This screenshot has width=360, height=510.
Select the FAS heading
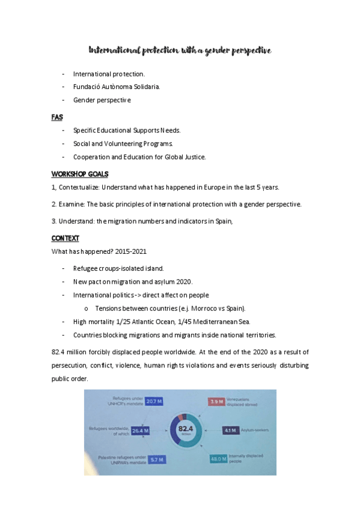coord(57,117)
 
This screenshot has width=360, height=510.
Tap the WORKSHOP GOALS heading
coord(80,174)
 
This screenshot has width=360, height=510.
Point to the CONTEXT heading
coord(66,238)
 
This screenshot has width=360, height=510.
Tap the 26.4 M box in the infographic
coord(140,431)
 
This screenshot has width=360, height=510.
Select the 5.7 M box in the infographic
coord(158,459)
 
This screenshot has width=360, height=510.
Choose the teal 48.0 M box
coord(218,459)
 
